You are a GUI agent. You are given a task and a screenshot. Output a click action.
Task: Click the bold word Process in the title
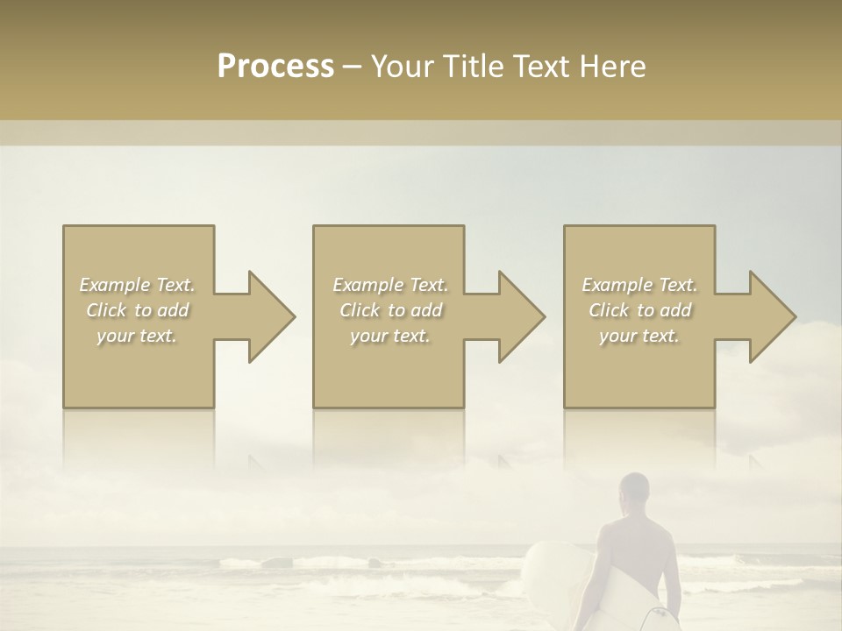tap(275, 66)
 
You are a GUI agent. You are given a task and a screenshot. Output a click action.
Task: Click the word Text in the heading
tap(543, 66)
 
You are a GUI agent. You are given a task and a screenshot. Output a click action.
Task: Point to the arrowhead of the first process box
tap(271, 316)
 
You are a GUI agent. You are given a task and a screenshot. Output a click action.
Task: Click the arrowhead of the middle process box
tap(521, 316)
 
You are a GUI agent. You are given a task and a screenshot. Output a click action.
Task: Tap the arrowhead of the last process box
tap(772, 316)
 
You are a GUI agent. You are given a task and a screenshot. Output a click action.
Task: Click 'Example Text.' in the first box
tap(137, 285)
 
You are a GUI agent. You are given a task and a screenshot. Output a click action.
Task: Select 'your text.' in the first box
tap(137, 336)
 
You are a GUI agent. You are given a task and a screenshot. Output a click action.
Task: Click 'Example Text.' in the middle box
tap(390, 285)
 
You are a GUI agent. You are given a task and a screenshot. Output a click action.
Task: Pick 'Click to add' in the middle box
tap(390, 310)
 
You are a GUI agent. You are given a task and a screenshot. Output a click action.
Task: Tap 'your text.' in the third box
tap(639, 336)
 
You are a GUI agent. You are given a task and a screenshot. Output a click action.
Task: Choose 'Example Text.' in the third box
tap(639, 285)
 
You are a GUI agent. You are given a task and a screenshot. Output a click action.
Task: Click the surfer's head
tap(633, 493)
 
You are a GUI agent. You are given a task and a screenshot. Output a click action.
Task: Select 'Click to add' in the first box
tap(137, 310)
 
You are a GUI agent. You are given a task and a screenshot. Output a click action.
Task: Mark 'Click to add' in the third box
tap(639, 310)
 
